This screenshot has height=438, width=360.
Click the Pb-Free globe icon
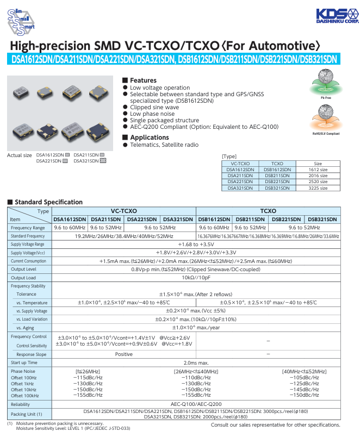(322, 86)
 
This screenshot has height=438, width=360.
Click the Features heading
(143, 80)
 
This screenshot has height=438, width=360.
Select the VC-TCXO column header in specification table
(123, 211)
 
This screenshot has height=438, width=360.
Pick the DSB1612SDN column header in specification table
(214, 219)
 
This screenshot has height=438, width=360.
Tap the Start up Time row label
(24, 362)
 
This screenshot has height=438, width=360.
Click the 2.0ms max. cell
(196, 362)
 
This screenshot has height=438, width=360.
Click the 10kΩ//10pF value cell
(196, 278)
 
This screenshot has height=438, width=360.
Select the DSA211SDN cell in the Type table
(240, 176)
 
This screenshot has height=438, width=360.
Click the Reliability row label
(21, 404)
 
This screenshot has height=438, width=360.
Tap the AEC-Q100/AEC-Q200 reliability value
(196, 404)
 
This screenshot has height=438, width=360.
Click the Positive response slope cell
(123, 354)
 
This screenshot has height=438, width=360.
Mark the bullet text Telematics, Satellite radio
(164, 145)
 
